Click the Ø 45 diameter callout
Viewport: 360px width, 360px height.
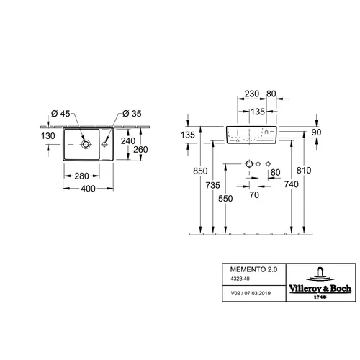tap(60, 114)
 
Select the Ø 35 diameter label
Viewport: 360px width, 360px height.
tap(132, 114)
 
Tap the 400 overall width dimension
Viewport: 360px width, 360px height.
tap(88, 189)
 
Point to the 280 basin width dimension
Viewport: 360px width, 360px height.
tap(81, 176)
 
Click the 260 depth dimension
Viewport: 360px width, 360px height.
tap(140, 150)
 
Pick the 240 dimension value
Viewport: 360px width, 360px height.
tap(128, 141)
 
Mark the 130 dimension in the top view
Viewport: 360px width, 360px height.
tap(48, 136)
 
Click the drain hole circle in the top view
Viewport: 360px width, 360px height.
tap(86, 144)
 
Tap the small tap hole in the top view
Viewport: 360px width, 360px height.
tap(104, 144)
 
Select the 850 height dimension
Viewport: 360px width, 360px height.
tap(200, 171)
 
